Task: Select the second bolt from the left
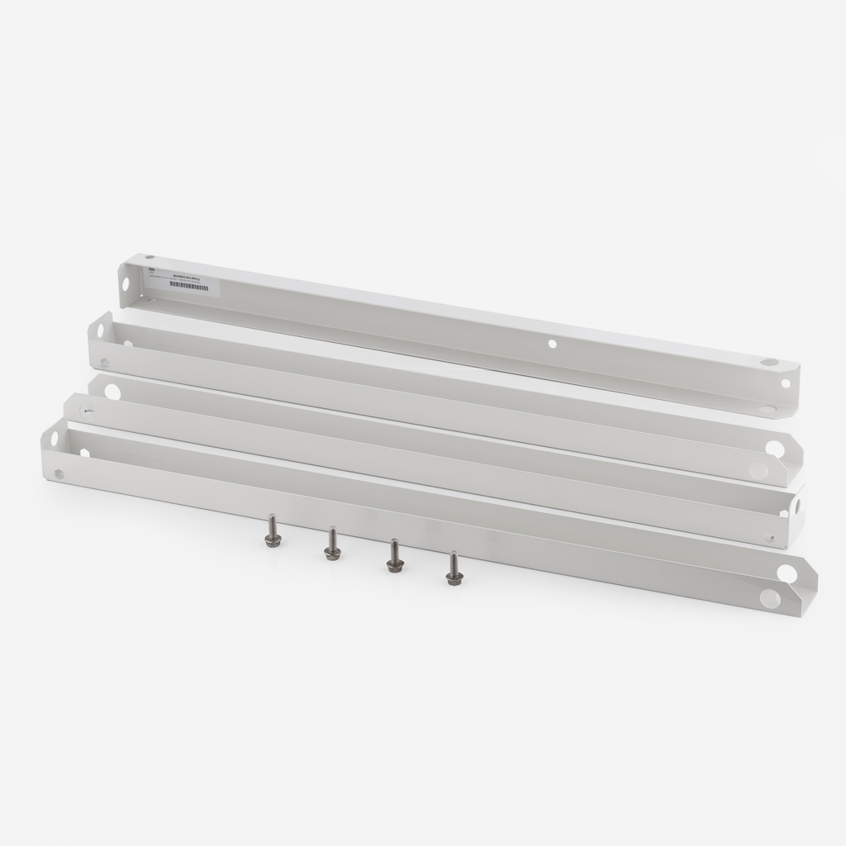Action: click(332, 544)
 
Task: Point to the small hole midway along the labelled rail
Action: click(552, 342)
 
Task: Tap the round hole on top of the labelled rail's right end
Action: click(770, 363)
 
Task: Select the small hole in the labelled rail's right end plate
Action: click(785, 383)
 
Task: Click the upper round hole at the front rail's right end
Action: click(786, 573)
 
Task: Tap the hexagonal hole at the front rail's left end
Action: click(59, 473)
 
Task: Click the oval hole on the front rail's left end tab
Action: click(55, 439)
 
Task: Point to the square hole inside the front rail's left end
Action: click(85, 452)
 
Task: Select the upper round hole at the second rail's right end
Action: click(774, 448)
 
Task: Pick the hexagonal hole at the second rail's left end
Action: click(104, 362)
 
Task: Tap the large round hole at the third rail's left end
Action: click(112, 392)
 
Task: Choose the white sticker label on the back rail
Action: click(178, 280)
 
